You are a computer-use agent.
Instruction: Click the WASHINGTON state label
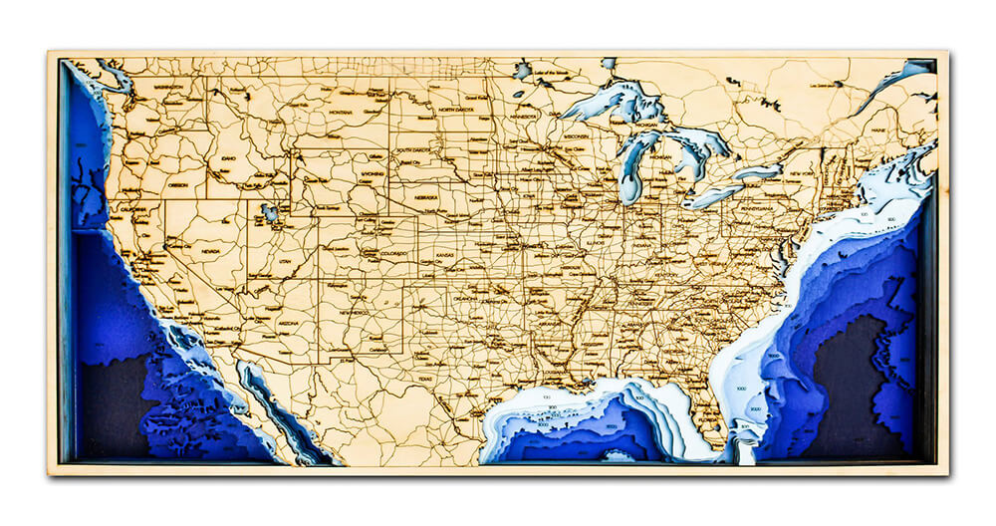[169, 88]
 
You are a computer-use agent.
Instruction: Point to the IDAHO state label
[229, 157]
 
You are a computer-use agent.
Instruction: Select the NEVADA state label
[211, 252]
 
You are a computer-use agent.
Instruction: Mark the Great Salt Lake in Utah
[269, 212]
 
